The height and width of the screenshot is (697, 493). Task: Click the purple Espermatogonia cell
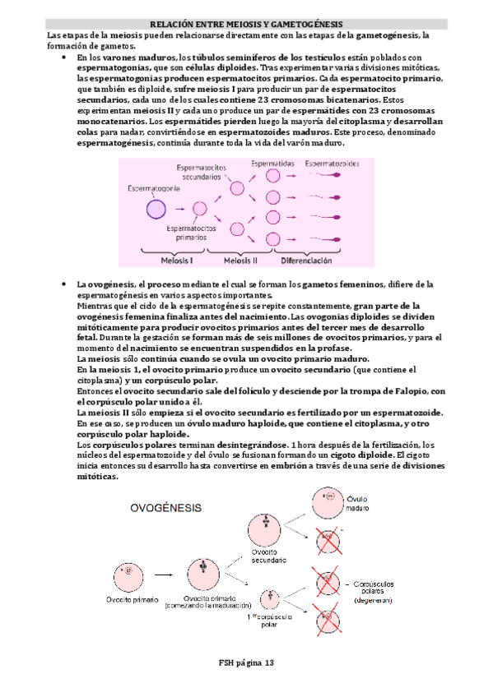point(156,209)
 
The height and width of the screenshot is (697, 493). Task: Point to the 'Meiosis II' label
point(240,261)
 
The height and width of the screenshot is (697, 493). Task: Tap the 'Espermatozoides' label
point(332,164)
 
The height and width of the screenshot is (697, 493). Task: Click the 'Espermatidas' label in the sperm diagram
point(273,164)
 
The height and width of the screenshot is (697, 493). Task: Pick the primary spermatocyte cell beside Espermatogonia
point(199,209)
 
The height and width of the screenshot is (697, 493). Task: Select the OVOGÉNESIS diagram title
point(165,508)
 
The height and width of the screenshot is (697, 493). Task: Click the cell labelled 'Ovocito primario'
point(128,570)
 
